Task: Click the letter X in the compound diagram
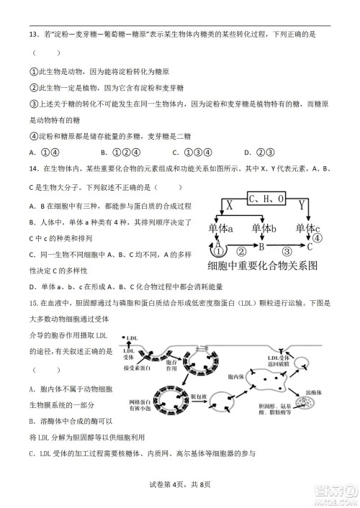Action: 230,204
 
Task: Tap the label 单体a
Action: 221,229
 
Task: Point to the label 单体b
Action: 265,229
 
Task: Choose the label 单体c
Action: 307,229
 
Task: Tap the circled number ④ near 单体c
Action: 318,238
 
